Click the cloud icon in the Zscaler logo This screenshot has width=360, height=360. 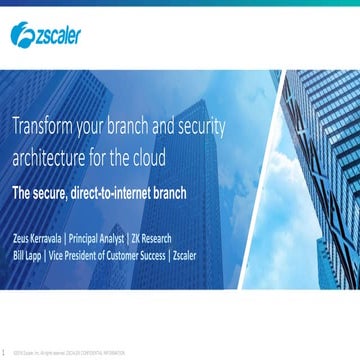click(x=21, y=38)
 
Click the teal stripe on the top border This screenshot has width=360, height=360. click(x=180, y=3)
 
